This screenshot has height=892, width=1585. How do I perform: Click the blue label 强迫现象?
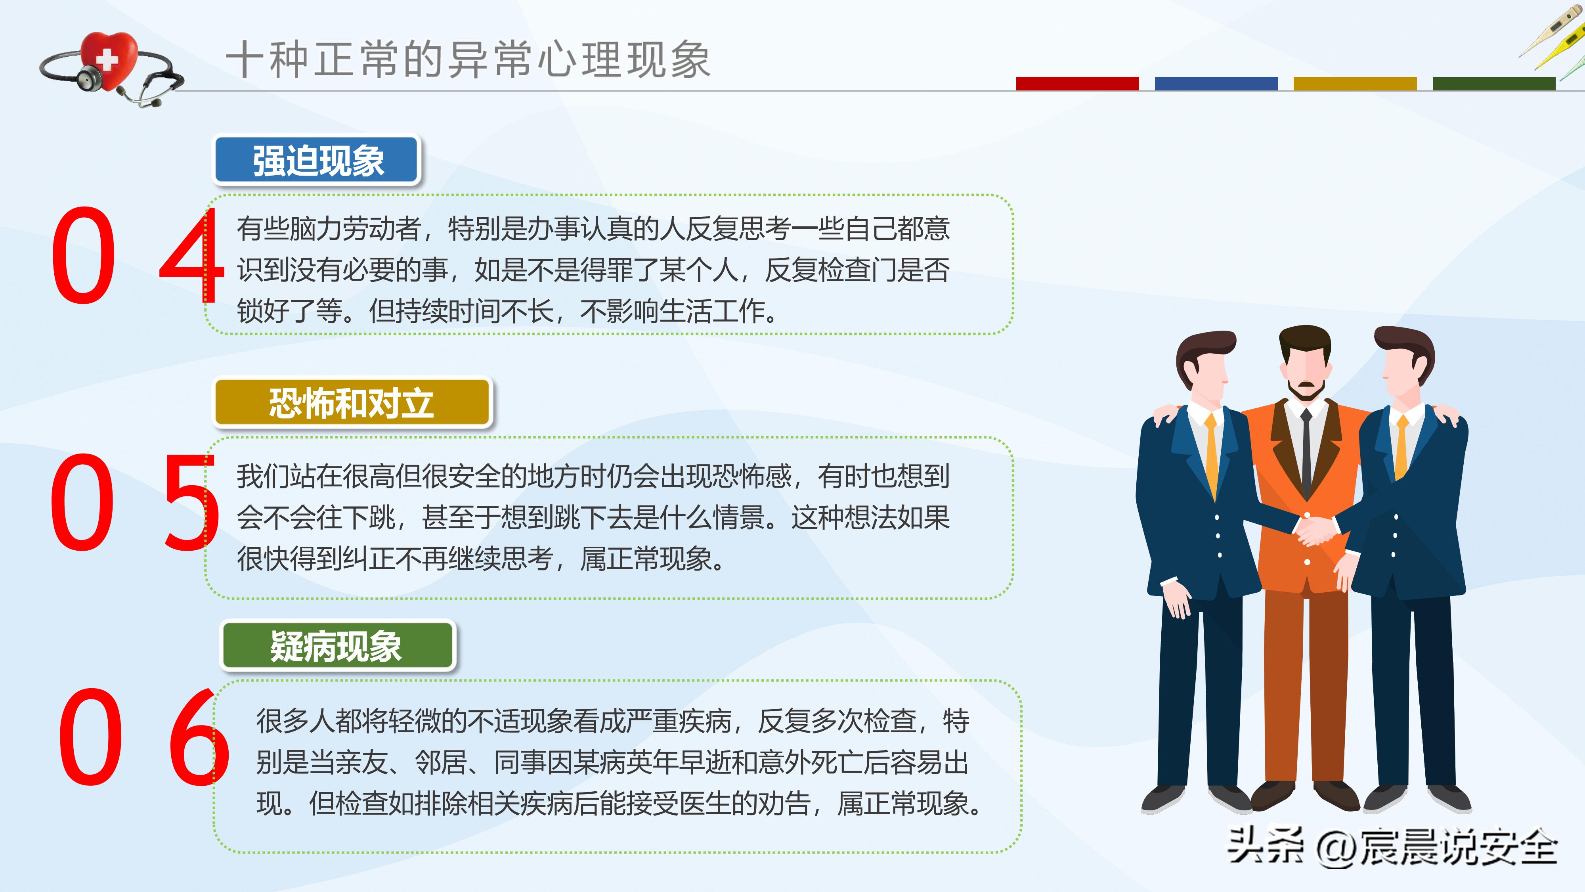pos(317,161)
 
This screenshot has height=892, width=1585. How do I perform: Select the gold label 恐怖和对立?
pos(352,403)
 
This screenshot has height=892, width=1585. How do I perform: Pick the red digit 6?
pos(198,737)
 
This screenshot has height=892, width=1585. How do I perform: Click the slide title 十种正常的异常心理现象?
pos(468,60)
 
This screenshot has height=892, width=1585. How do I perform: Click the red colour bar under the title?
pos(1077,84)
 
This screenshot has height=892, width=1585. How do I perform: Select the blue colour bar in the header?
pos(1216,84)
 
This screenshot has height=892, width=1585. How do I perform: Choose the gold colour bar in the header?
pos(1355,84)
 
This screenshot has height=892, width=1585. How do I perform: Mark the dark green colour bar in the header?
pos(1493,84)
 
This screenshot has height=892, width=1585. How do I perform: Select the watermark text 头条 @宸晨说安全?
pos(1392,848)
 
